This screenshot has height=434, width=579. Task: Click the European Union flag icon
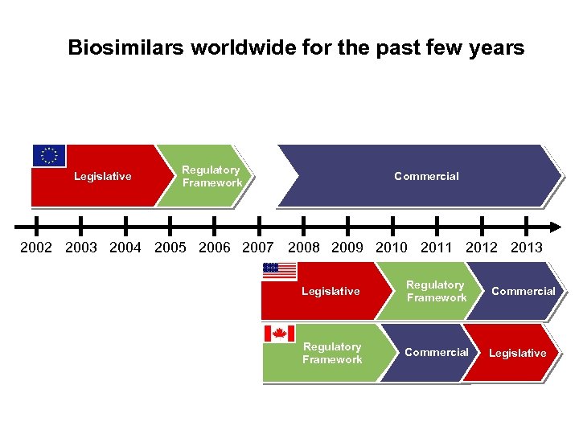pyautogui.click(x=49, y=155)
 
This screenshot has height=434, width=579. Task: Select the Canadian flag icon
pyautogui.click(x=279, y=333)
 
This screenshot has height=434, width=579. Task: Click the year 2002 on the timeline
pyautogui.click(x=36, y=248)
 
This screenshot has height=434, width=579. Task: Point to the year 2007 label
pyautogui.click(x=257, y=248)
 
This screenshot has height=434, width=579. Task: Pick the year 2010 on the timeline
pyautogui.click(x=392, y=248)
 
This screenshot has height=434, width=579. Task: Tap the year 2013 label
pyautogui.click(x=527, y=248)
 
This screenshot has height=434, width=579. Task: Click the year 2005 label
pyautogui.click(x=170, y=248)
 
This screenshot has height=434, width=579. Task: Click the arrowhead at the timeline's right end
pyautogui.click(x=554, y=226)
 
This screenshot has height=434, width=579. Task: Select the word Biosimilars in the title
pyautogui.click(x=126, y=48)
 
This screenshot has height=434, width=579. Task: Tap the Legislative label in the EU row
pyautogui.click(x=103, y=177)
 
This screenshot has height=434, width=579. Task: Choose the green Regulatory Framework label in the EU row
pyautogui.click(x=211, y=176)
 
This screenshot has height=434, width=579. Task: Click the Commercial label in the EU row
pyautogui.click(x=426, y=176)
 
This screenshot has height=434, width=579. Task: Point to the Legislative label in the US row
pyautogui.click(x=331, y=292)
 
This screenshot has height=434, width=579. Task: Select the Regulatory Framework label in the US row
pyautogui.click(x=436, y=291)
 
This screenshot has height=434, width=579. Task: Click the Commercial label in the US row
pyautogui.click(x=523, y=292)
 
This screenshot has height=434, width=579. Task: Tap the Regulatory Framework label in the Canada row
pyautogui.click(x=332, y=353)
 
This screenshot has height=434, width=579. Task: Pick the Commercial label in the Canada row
pyautogui.click(x=436, y=352)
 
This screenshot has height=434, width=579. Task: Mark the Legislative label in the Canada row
pyautogui.click(x=517, y=353)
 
